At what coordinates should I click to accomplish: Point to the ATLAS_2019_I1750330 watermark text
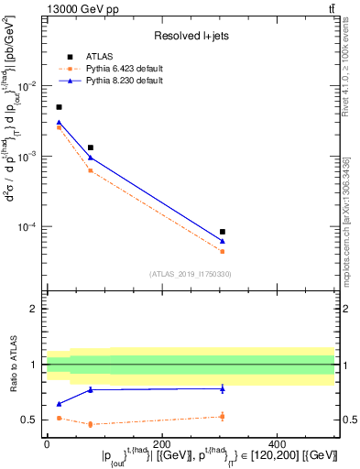[x=190, y=273]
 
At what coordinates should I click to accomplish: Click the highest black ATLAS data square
[x=59, y=107]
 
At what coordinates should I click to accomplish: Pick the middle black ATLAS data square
[x=90, y=147]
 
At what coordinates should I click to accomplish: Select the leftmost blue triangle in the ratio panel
[x=59, y=404]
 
